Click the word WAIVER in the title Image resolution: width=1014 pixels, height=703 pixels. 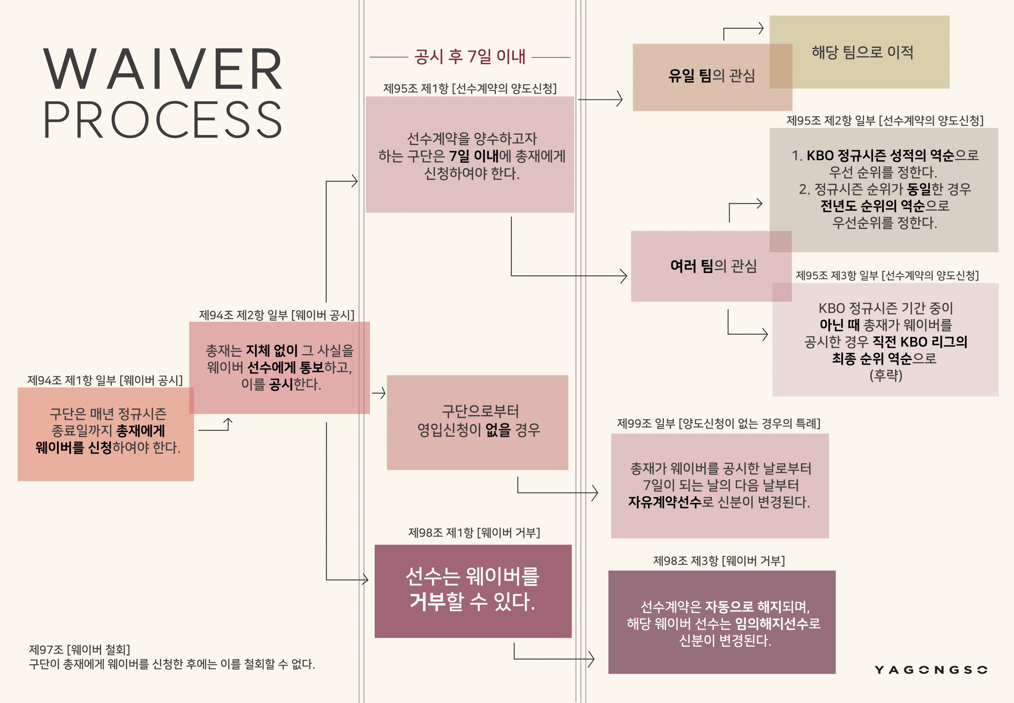point(163,69)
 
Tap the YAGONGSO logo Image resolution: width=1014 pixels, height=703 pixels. point(930,670)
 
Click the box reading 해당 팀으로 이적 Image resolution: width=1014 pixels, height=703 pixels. point(862,52)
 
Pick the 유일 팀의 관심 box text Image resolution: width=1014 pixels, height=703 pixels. point(711,76)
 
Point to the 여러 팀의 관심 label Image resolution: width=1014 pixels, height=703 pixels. point(713,266)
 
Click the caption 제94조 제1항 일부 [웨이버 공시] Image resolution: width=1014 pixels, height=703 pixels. point(105,380)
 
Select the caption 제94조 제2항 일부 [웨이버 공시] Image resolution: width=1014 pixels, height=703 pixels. point(276,315)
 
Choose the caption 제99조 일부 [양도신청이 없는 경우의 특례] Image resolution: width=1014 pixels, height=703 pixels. point(719,423)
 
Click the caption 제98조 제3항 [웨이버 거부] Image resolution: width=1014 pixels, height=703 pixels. point(719,561)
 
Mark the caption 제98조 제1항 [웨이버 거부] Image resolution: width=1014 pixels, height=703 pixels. point(474,533)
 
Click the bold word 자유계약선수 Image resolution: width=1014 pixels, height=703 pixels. point(664,502)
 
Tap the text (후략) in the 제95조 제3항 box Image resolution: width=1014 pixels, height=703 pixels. point(885,375)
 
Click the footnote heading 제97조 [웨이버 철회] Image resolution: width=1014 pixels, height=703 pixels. point(79,649)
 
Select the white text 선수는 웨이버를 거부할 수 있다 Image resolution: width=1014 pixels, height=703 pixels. point(472,589)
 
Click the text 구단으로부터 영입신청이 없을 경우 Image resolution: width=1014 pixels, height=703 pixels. point(479,421)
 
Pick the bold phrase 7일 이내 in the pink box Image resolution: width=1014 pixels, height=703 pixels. point(473,156)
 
